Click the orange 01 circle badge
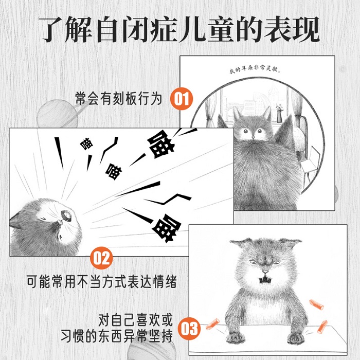click(x=182, y=99)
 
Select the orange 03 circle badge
click(x=189, y=328)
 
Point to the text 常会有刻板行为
click(x=119, y=99)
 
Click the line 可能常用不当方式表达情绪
click(x=102, y=281)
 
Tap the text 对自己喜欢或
click(x=135, y=319)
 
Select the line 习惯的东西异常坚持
click(x=117, y=336)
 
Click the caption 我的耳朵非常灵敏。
click(x=255, y=69)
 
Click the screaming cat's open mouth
click(x=66, y=215)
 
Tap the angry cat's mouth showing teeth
click(x=265, y=280)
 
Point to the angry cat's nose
click(x=265, y=272)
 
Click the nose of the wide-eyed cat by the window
click(x=253, y=137)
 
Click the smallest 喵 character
click(x=86, y=143)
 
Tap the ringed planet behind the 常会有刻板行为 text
click(x=58, y=114)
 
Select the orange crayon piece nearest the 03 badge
click(x=212, y=323)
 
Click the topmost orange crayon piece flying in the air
click(x=316, y=304)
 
